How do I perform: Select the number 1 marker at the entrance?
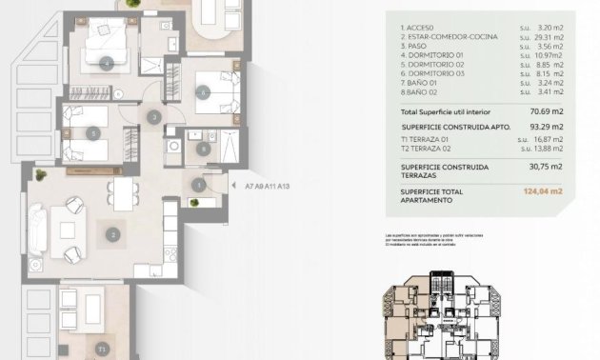point(198,185)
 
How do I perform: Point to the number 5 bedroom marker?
point(93,133)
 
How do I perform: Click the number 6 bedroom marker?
point(203,92)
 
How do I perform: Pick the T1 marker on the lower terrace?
point(102,350)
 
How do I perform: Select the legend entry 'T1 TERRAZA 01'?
point(425,136)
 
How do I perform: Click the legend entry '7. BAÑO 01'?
point(415,82)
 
